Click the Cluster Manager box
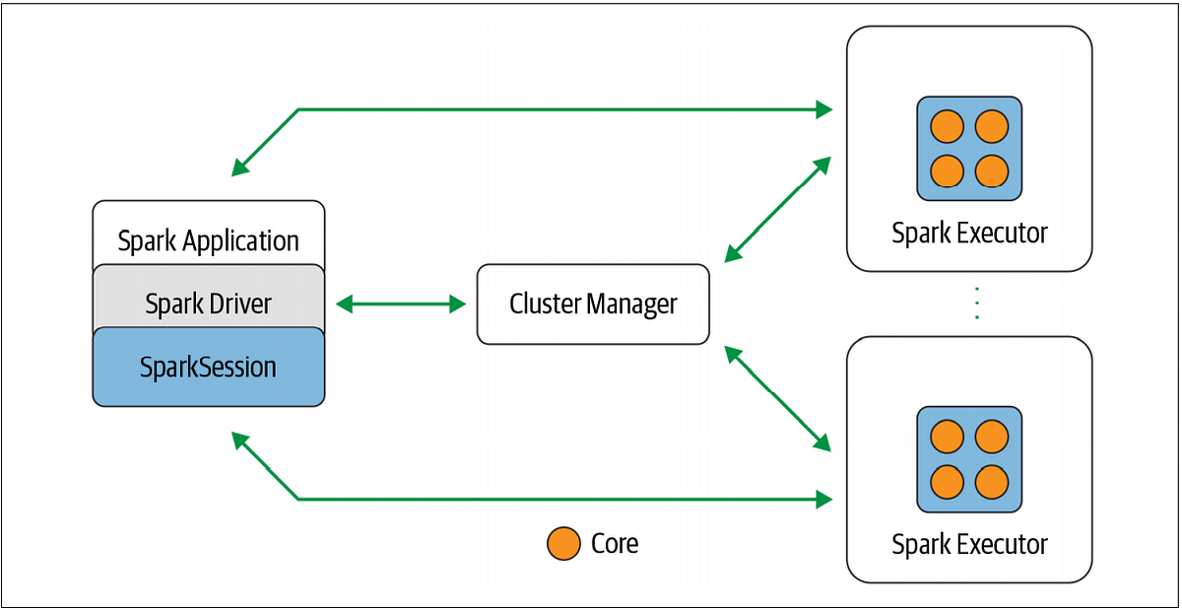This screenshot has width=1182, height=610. [x=593, y=304]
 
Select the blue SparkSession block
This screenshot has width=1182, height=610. [x=208, y=368]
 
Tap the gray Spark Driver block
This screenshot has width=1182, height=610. [x=208, y=304]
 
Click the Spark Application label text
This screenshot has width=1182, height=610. [x=208, y=240]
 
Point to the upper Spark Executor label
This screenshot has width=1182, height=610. [x=969, y=234]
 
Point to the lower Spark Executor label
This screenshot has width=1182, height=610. [x=969, y=544]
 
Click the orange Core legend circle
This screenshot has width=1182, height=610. [x=563, y=544]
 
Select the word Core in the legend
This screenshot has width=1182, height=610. [x=615, y=543]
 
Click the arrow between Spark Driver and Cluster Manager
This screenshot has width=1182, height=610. [x=401, y=305]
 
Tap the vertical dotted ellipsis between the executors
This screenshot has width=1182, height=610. [x=976, y=304]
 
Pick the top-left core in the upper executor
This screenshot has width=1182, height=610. [x=947, y=126]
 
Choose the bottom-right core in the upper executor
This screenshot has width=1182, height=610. [x=992, y=170]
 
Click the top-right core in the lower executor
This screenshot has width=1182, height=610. [x=992, y=437]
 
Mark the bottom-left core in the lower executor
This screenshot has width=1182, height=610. [x=947, y=481]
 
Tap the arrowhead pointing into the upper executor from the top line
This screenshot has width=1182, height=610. [x=824, y=109]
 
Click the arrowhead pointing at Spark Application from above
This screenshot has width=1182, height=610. [x=240, y=169]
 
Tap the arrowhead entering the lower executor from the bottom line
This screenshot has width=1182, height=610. [x=824, y=500]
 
